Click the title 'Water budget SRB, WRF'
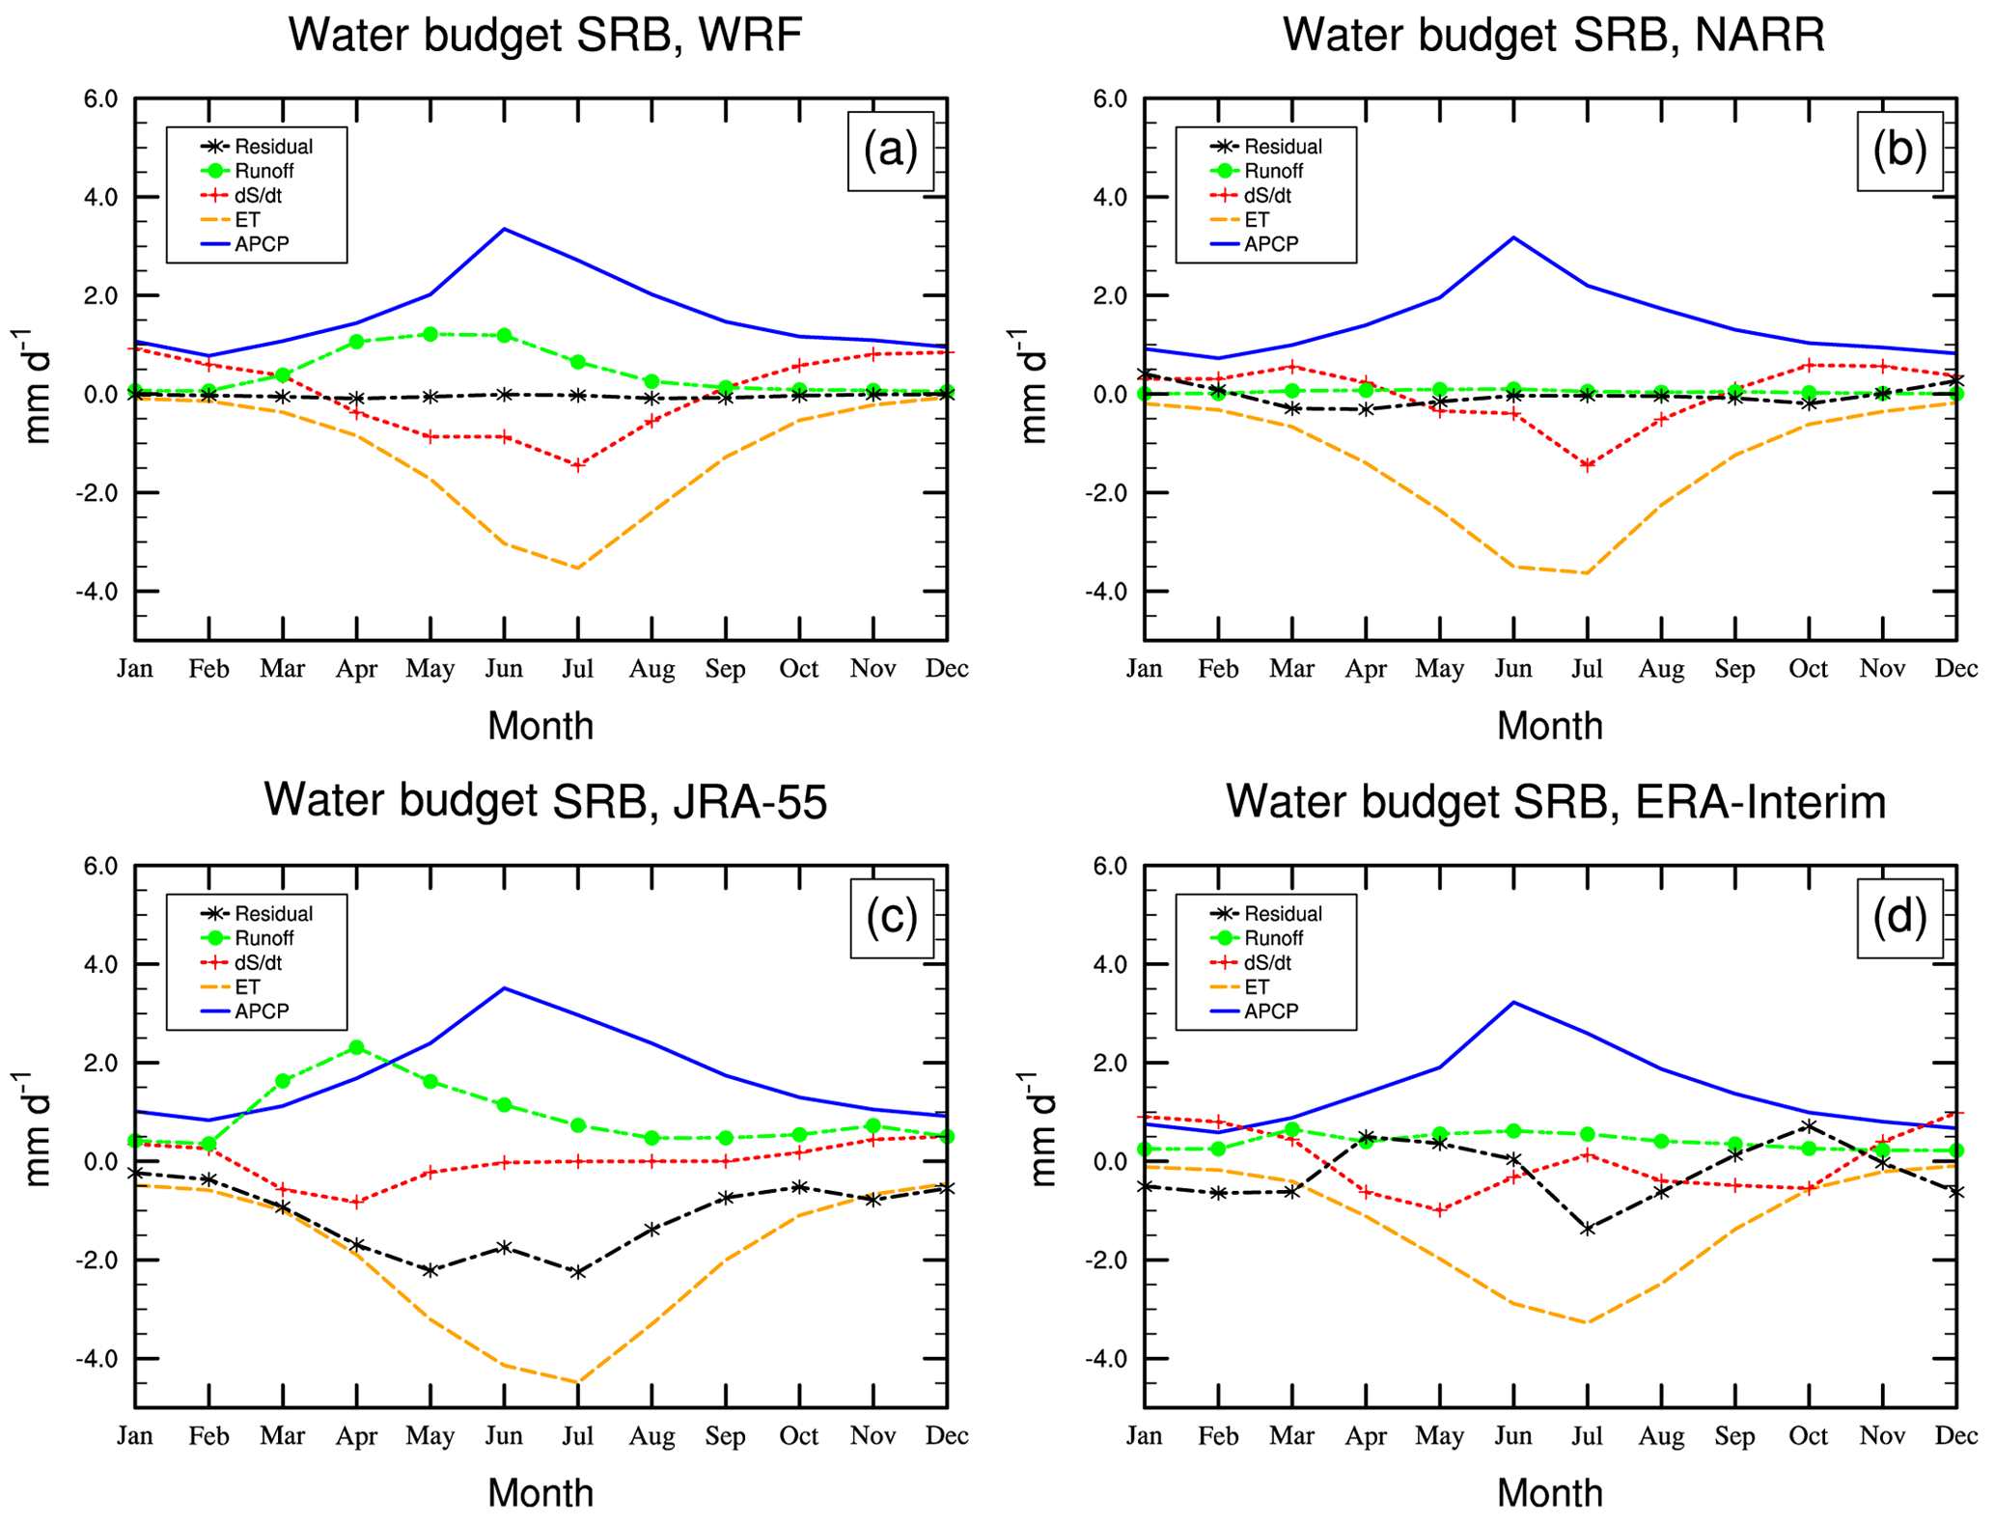[545, 36]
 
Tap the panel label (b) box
[1898, 151]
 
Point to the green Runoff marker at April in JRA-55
[356, 1047]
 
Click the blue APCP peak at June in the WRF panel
[504, 229]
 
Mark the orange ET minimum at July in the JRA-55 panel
[577, 1382]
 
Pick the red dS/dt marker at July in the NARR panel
[1587, 465]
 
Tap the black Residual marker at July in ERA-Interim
[1587, 1229]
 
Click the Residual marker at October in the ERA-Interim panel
[1808, 1125]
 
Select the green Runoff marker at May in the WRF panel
[430, 334]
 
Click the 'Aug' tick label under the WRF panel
[651, 669]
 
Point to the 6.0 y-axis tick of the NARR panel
[1110, 98]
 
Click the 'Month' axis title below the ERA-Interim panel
[1549, 1492]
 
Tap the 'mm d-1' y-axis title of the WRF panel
[36, 386]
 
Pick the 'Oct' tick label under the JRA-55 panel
[798, 1436]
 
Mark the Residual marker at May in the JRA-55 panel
[430, 1270]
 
